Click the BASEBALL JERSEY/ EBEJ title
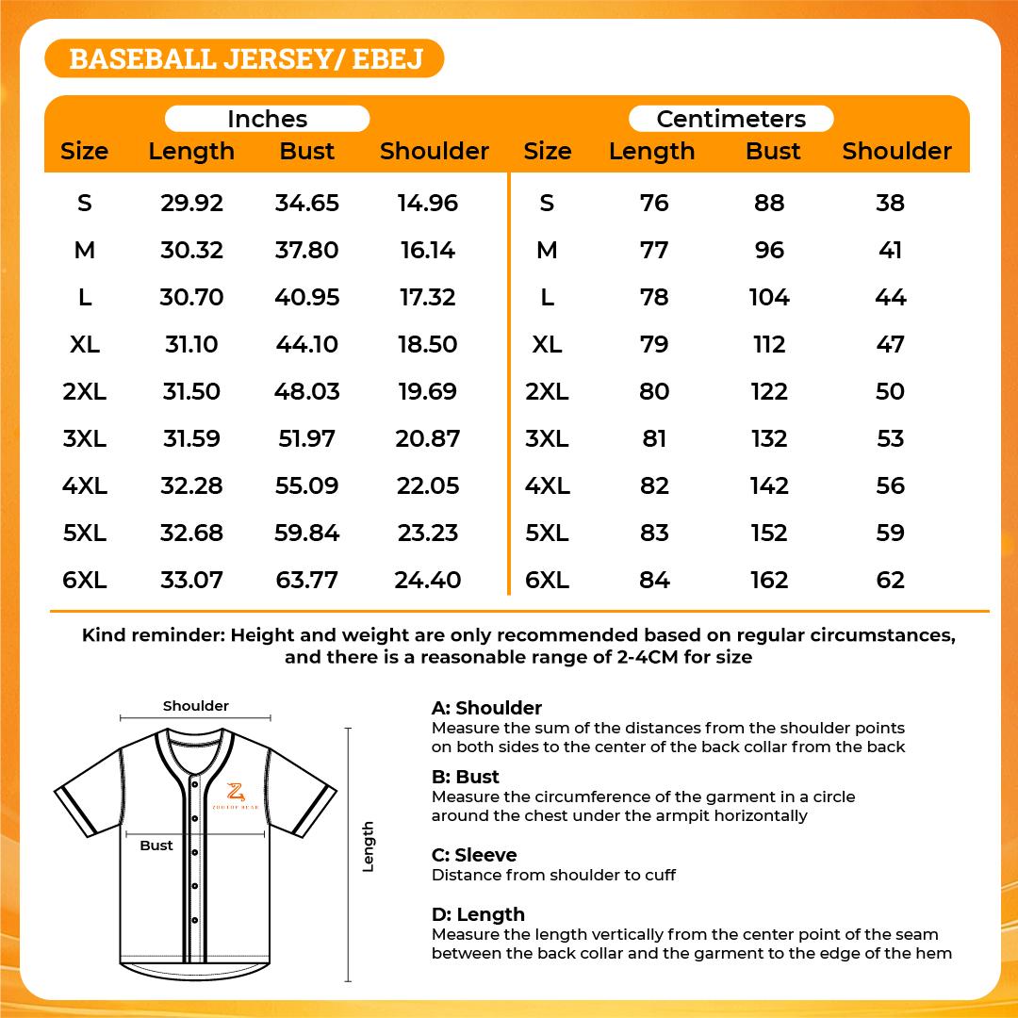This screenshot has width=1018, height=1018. [x=245, y=58]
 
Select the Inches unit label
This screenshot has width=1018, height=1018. [x=268, y=119]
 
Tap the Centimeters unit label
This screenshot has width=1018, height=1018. [x=731, y=119]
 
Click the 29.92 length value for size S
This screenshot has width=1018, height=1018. [x=191, y=203]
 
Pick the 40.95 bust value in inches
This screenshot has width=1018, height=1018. [x=306, y=297]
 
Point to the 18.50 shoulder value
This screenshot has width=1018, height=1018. [x=427, y=344]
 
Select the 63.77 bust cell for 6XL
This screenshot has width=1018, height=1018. [x=306, y=580]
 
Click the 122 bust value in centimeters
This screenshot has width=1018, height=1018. [x=769, y=391]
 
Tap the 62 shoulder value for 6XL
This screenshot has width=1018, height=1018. [x=890, y=580]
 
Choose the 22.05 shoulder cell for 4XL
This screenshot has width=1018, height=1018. [x=428, y=485]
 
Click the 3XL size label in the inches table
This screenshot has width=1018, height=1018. [x=85, y=438]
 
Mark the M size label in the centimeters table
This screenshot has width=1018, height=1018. [x=547, y=250]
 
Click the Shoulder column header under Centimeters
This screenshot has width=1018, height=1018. [x=896, y=151]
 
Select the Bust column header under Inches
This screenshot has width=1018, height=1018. [x=307, y=151]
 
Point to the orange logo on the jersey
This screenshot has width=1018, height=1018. [x=234, y=795]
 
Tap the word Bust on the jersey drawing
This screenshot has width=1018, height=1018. [x=156, y=846]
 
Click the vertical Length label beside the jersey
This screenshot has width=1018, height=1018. [x=369, y=846]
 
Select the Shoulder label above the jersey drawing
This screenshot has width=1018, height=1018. [x=196, y=706]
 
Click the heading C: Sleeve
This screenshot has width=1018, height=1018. [x=474, y=855]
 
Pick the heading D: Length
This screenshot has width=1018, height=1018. [x=478, y=914]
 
